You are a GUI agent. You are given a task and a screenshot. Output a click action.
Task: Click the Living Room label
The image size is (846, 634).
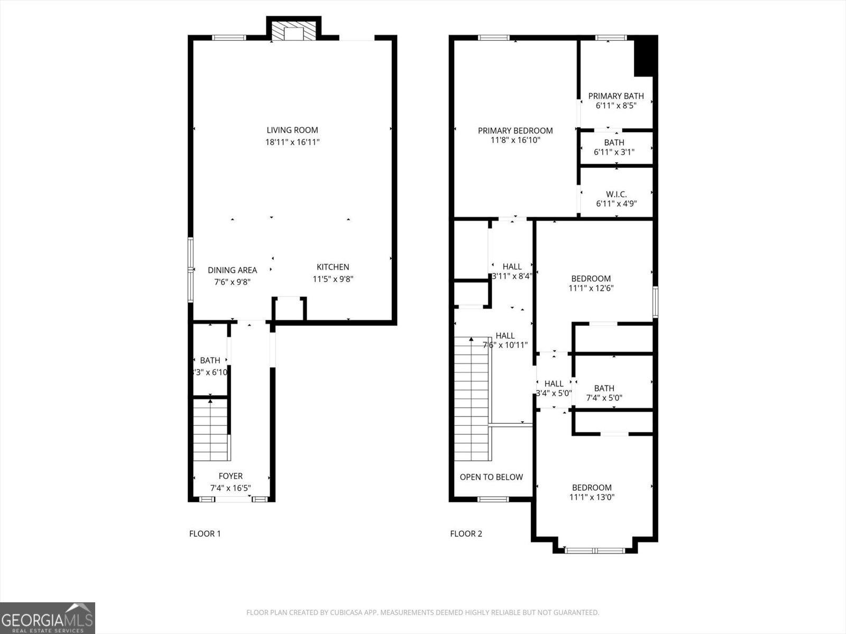click(x=292, y=130)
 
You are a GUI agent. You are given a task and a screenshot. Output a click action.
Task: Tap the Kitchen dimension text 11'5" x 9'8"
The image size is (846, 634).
click(x=333, y=279)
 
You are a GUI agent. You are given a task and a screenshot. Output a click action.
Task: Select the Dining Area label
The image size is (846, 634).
click(x=232, y=270)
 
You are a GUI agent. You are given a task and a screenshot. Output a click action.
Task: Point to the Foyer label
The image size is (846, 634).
click(x=231, y=476)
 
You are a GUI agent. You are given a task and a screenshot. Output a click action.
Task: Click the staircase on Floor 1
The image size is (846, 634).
click(x=210, y=431)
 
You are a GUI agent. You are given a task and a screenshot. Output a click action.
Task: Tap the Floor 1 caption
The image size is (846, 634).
click(x=205, y=534)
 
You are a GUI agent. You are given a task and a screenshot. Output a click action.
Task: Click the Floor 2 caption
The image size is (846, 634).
click(x=466, y=534)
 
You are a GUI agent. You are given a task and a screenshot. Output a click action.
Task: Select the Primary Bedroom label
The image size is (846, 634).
click(x=515, y=130)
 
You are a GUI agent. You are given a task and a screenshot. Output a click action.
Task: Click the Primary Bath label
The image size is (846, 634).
click(x=616, y=96)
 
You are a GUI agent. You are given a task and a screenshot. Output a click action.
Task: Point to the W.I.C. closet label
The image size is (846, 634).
click(x=616, y=194)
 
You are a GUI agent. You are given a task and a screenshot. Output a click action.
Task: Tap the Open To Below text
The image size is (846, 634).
click(x=491, y=477)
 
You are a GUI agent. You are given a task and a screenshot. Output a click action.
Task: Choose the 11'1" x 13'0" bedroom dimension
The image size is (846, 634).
click(x=592, y=497)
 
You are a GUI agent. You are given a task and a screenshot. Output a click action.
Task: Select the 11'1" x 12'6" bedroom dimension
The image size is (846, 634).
click(x=591, y=288)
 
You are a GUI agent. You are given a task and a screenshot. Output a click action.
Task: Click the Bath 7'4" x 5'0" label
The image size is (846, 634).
click(x=604, y=388)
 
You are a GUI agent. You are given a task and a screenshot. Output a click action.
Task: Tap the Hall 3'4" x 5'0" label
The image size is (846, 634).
click(x=554, y=384)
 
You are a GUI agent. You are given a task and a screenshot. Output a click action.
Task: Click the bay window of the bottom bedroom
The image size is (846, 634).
click(x=595, y=551)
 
